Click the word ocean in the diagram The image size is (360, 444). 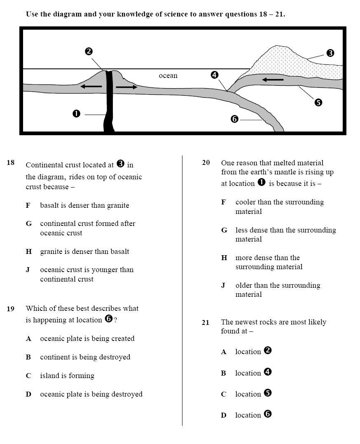168,75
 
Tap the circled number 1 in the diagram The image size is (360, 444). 76,114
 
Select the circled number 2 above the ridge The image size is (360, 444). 89,52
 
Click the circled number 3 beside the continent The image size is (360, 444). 330,53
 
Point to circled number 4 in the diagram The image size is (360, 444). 214,75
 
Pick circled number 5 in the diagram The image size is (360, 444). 318,103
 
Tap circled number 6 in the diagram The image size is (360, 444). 234,119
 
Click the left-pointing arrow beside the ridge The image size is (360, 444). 91,87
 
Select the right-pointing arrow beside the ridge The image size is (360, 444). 127,87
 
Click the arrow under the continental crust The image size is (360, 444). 273,79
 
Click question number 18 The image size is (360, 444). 11,163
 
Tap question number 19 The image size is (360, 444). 11,309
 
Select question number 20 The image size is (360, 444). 206,163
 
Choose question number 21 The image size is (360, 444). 206,323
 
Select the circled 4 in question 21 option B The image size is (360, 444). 267,372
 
